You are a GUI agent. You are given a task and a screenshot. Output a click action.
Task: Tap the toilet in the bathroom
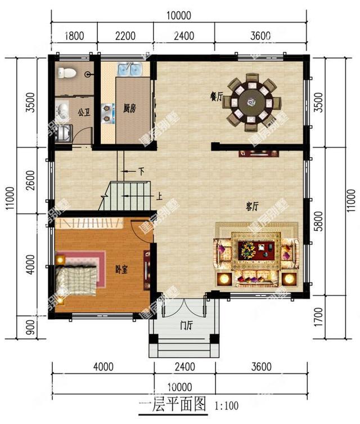[65, 73]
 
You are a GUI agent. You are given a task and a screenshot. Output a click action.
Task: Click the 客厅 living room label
[251, 207]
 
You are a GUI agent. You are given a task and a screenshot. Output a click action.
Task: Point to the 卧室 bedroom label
[120, 270]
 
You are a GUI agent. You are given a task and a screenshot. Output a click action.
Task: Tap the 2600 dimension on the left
[31, 180]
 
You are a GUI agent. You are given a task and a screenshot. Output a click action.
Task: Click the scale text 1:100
[225, 405]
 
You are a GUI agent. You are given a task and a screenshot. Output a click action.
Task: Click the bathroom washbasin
[63, 109]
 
